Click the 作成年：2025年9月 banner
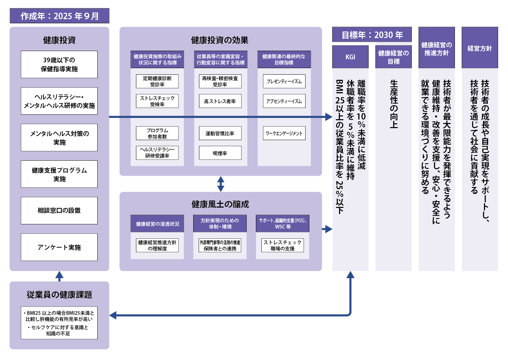point(59,16)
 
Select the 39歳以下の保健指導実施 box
point(59,64)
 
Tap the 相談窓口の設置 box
point(59,211)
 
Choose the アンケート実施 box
point(59,247)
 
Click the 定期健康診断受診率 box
point(157,82)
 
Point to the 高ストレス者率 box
point(220,101)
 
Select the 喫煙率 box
point(220,153)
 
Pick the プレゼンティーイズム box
point(284,82)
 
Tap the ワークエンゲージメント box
point(284,133)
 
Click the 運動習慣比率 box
point(220,133)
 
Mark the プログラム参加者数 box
point(157,133)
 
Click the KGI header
point(350,57)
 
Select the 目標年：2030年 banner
point(372,35)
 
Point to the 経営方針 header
point(480,48)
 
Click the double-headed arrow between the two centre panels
point(221,184)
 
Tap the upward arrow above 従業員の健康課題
point(59,276)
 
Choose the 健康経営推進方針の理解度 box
point(157,245)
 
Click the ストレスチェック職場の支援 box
point(283,245)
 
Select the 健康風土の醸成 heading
point(220,204)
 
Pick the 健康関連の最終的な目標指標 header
point(284,60)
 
